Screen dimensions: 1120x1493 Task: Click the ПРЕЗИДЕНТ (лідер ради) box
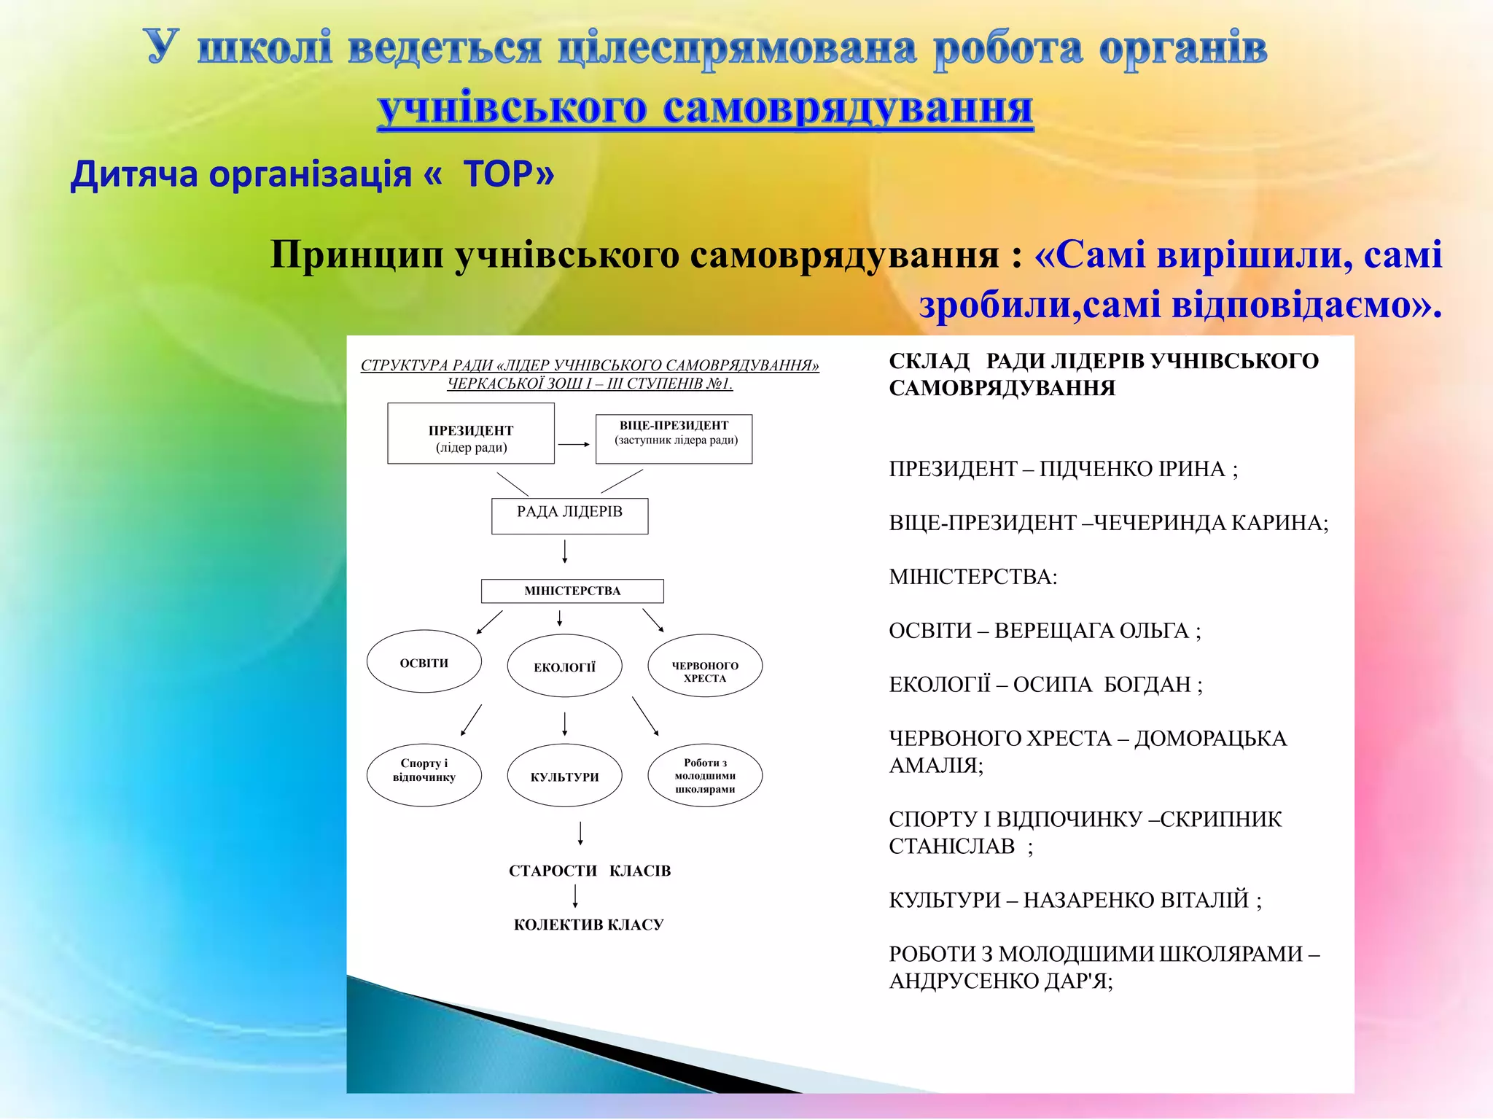coord(471,433)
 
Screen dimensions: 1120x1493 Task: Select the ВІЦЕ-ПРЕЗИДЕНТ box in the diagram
coord(674,439)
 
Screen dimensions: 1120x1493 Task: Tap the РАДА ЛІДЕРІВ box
coord(569,516)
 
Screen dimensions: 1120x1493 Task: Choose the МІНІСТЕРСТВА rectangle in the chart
coord(572,591)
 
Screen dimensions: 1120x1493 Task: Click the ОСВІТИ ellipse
coord(424,661)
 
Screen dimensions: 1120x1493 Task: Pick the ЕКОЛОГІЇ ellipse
coord(564,666)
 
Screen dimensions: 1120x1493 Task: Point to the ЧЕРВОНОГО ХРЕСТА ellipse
coord(705,666)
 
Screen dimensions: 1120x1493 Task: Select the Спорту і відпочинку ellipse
coord(424,775)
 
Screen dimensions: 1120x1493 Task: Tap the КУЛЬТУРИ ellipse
coord(564,775)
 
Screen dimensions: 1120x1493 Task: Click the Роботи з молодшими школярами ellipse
coord(705,775)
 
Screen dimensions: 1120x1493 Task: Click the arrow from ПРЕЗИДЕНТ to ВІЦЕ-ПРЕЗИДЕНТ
coord(574,444)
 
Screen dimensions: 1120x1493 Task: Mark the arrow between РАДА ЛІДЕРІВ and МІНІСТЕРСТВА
coord(565,551)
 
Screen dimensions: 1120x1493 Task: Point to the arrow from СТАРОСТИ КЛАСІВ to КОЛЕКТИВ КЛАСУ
coord(576,896)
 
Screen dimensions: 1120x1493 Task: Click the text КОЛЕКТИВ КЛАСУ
coord(588,925)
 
